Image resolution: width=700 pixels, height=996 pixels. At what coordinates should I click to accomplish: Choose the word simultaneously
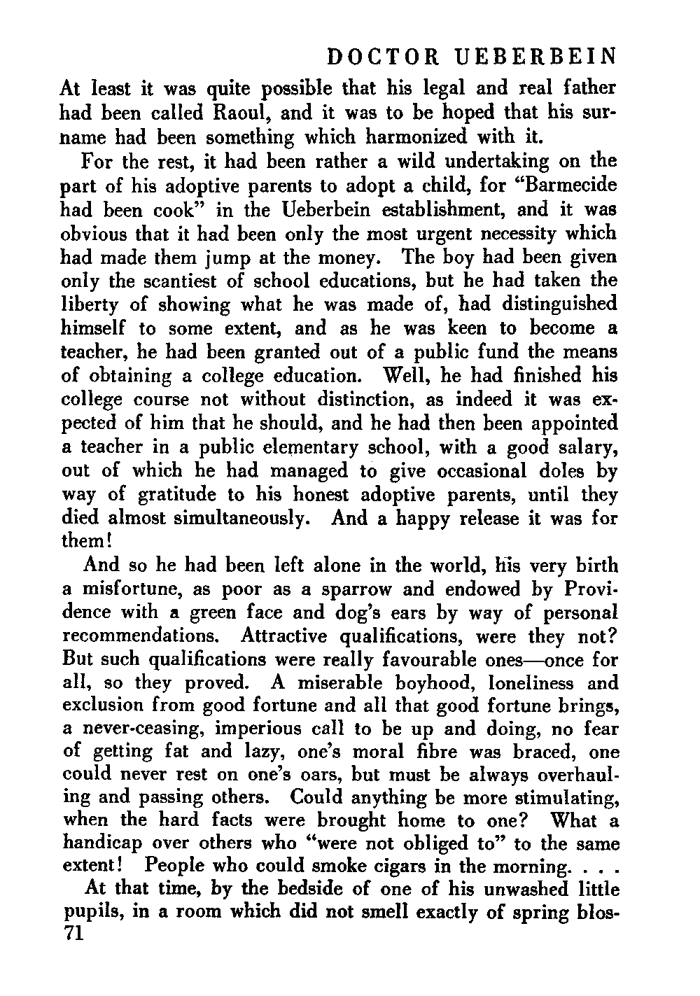(x=233, y=519)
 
